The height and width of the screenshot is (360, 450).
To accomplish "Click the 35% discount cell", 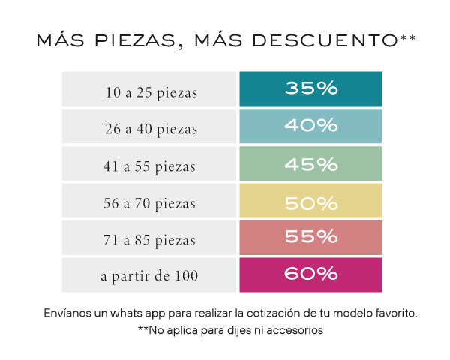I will click(x=310, y=88).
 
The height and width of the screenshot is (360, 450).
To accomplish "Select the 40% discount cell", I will click(x=310, y=125).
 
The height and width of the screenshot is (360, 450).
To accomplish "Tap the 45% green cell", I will click(x=310, y=163).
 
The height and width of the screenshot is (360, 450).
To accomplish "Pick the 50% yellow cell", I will click(x=310, y=200).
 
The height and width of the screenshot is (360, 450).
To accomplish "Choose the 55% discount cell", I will click(x=310, y=237).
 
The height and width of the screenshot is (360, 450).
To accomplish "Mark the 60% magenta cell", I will click(x=310, y=274).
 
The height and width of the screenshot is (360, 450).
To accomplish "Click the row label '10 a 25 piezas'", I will click(x=151, y=93).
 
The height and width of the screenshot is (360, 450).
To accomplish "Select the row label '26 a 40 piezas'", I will click(x=151, y=130).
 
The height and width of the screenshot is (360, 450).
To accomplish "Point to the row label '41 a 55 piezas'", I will click(x=151, y=166).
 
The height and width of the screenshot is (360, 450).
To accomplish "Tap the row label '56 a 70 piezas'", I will click(x=151, y=203).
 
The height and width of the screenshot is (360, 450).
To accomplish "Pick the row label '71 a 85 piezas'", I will click(x=151, y=240).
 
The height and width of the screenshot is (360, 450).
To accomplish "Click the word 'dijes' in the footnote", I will click(x=236, y=330).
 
